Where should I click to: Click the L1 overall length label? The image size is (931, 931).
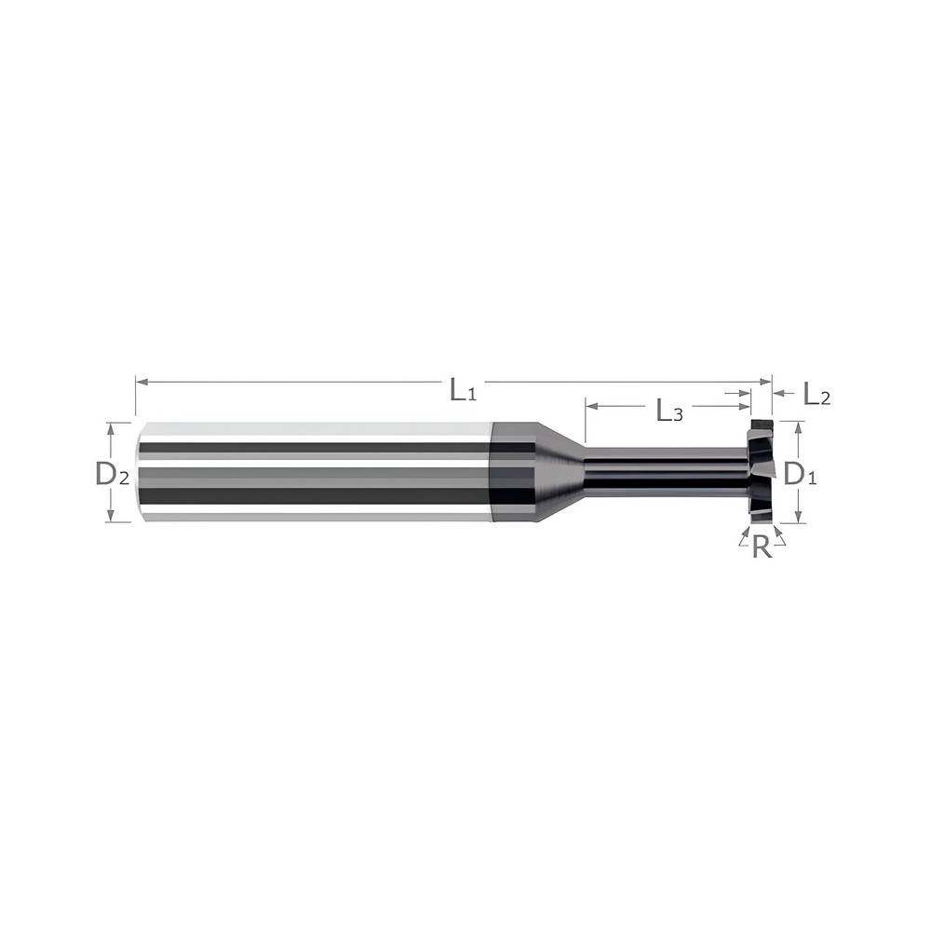[x=463, y=389]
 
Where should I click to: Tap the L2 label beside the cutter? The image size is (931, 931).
[x=816, y=395]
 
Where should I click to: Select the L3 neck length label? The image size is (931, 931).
[x=669, y=411]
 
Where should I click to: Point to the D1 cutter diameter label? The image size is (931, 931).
[x=800, y=474]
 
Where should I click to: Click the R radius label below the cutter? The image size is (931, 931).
[x=762, y=547]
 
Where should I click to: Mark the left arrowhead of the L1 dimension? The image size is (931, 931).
[x=141, y=381]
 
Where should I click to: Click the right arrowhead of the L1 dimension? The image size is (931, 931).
[x=767, y=381]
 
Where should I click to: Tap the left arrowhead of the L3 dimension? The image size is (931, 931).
[x=590, y=406]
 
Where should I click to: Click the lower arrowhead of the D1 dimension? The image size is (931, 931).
[x=798, y=518]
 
